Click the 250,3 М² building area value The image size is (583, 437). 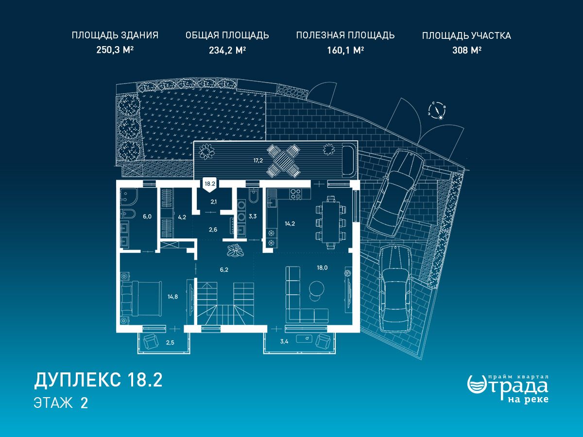click(115, 50)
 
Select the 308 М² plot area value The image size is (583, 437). click(467, 50)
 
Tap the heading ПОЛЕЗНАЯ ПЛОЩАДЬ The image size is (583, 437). click(345, 35)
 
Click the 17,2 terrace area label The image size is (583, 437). click(258, 160)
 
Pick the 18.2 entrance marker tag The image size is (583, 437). click(210, 185)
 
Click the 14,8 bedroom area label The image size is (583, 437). click(172, 297)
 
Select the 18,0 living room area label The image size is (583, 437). click(322, 268)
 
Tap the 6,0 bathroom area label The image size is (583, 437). click(147, 217)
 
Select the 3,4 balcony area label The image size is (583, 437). click(284, 341)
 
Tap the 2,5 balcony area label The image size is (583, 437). click(170, 342)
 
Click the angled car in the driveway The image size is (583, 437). click(395, 193)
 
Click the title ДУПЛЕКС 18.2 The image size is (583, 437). click(98, 380)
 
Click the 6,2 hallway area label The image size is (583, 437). click(224, 270)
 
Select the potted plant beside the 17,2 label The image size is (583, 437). click(206, 151)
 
